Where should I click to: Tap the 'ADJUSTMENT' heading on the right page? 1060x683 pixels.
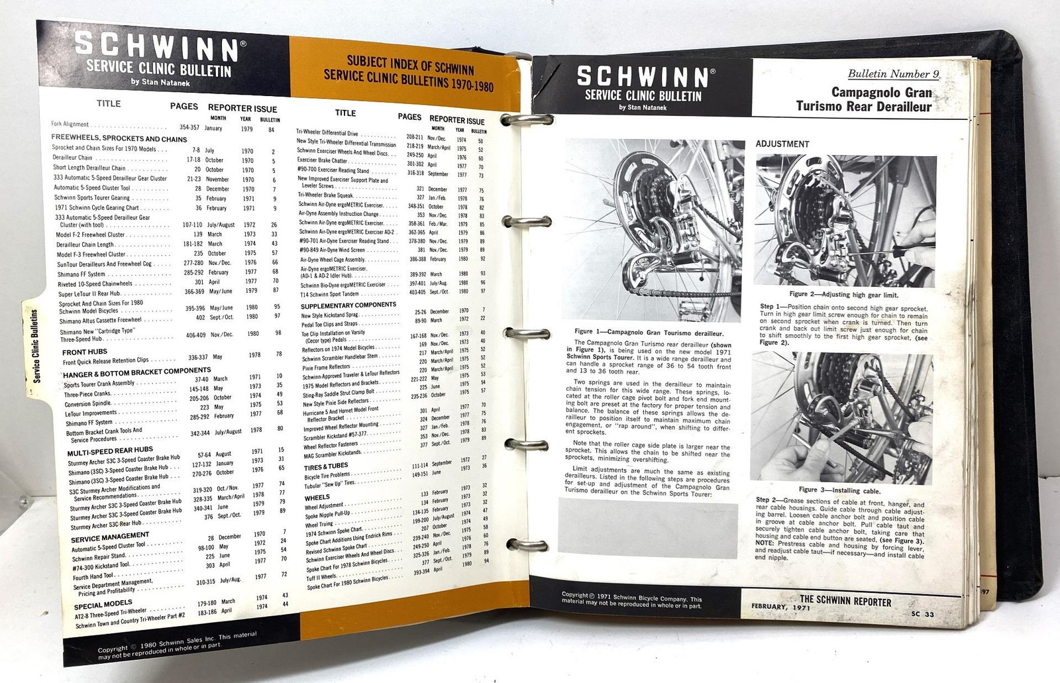click(782, 144)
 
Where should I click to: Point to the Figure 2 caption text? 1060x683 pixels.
click(843, 294)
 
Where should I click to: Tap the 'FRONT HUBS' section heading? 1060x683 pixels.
click(85, 352)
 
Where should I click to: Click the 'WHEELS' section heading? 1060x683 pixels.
click(317, 497)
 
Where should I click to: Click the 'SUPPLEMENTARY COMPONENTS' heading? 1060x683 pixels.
click(348, 305)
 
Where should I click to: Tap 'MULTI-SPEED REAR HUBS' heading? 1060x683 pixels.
click(111, 452)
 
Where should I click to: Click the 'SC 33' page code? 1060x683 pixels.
click(920, 614)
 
